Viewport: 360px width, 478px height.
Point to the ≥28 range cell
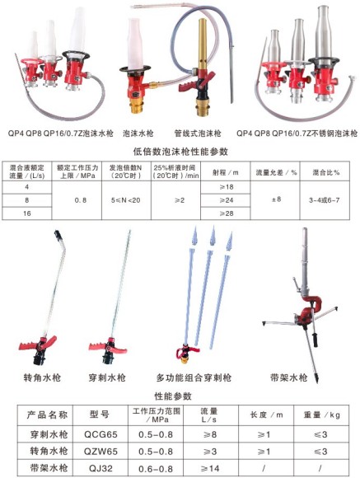click(x=224, y=214)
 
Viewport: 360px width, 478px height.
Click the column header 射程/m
click(x=224, y=173)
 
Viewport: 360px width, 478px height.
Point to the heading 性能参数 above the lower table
click(x=180, y=396)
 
